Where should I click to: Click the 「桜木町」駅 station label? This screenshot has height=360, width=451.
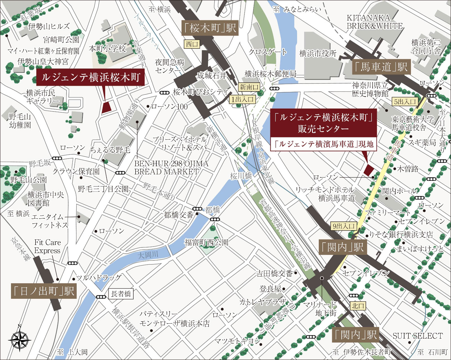tap(209, 28)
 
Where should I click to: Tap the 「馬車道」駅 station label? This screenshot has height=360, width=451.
tap(381, 67)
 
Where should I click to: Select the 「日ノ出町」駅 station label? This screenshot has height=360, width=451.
tap(44, 291)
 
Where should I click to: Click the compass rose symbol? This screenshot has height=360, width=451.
tap(19, 339)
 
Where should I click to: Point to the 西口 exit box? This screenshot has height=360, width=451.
tap(192, 44)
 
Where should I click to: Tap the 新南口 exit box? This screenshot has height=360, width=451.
tap(249, 87)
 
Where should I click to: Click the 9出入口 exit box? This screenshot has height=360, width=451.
tap(343, 226)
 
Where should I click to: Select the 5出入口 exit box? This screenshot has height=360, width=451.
tap(405, 102)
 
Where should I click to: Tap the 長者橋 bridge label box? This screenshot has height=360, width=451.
tap(121, 294)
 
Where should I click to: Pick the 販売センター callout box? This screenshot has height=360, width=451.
tap(324, 123)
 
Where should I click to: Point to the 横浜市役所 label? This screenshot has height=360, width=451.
tap(318, 53)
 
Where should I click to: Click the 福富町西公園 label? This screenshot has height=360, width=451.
tap(206, 242)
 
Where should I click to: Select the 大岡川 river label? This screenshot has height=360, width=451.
tap(148, 255)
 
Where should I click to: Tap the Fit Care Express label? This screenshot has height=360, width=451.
tap(47, 246)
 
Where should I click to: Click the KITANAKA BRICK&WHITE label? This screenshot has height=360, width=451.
tap(374, 22)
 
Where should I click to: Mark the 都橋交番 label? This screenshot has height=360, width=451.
tap(179, 215)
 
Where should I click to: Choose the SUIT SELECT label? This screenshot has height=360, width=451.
tap(417, 336)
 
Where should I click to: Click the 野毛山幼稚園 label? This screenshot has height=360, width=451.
tap(20, 121)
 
